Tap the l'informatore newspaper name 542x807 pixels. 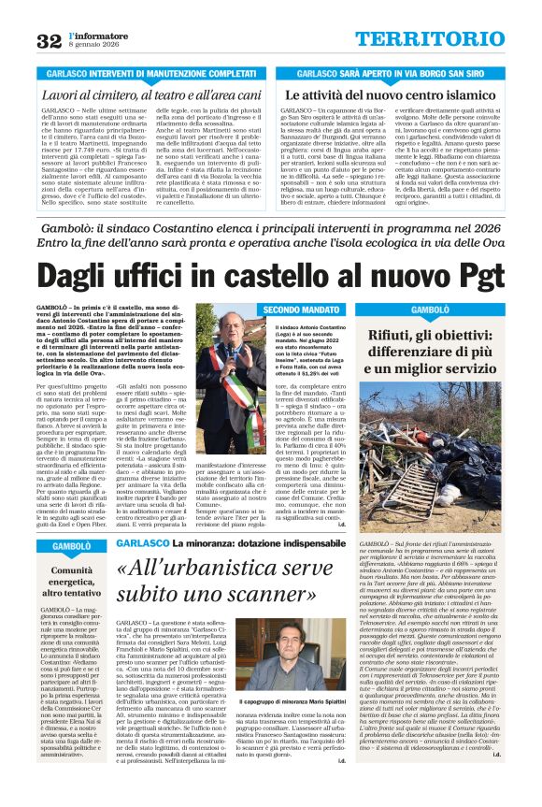tap(95, 35)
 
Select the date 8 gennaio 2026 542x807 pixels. tap(93, 46)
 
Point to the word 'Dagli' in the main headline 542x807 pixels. tap(92, 275)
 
